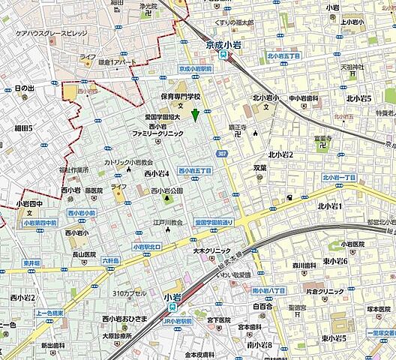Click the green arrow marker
195,115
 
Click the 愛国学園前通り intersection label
214,223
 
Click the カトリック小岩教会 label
128,162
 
